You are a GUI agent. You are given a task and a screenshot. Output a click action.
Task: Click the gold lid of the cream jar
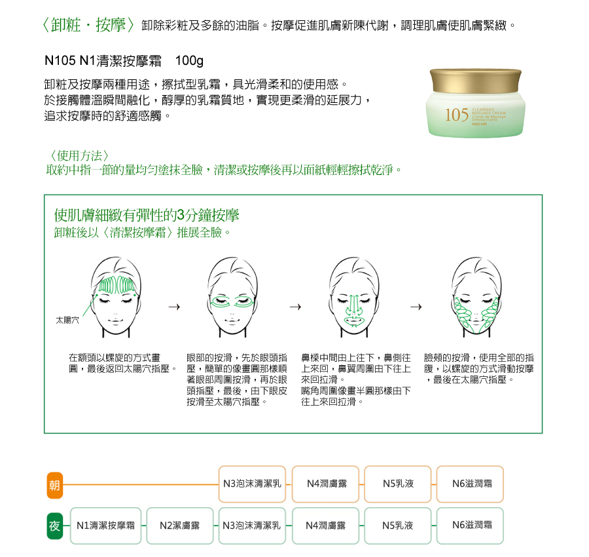[475, 81]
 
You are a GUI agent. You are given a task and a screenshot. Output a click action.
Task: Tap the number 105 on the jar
[456, 115]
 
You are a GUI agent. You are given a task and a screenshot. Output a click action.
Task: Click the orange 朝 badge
[54, 485]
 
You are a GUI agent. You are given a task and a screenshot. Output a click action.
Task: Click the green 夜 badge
[54, 526]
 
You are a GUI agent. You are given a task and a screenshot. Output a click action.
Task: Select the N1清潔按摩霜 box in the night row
[105, 526]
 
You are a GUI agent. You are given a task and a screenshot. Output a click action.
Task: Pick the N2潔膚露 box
[179, 526]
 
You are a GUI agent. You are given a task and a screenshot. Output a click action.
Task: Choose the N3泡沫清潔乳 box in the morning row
[252, 484]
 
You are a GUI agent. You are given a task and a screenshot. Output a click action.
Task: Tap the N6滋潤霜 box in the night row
[472, 526]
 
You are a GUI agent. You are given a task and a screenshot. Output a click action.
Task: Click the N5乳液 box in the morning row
[398, 484]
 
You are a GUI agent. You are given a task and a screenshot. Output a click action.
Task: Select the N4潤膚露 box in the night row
[325, 526]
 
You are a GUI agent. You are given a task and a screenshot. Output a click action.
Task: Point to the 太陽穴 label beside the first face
[67, 320]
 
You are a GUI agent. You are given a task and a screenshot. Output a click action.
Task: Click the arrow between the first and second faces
[174, 307]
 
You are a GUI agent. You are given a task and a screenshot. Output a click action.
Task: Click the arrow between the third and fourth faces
[416, 307]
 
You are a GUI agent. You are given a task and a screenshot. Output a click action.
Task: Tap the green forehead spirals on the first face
[116, 285]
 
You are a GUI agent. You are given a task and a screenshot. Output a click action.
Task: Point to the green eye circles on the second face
[232, 301]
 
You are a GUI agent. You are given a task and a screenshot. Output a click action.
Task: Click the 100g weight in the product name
[189, 60]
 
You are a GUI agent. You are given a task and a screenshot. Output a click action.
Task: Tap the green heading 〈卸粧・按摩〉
[88, 25]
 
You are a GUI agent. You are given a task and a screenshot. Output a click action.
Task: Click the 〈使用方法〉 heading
[79, 155]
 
